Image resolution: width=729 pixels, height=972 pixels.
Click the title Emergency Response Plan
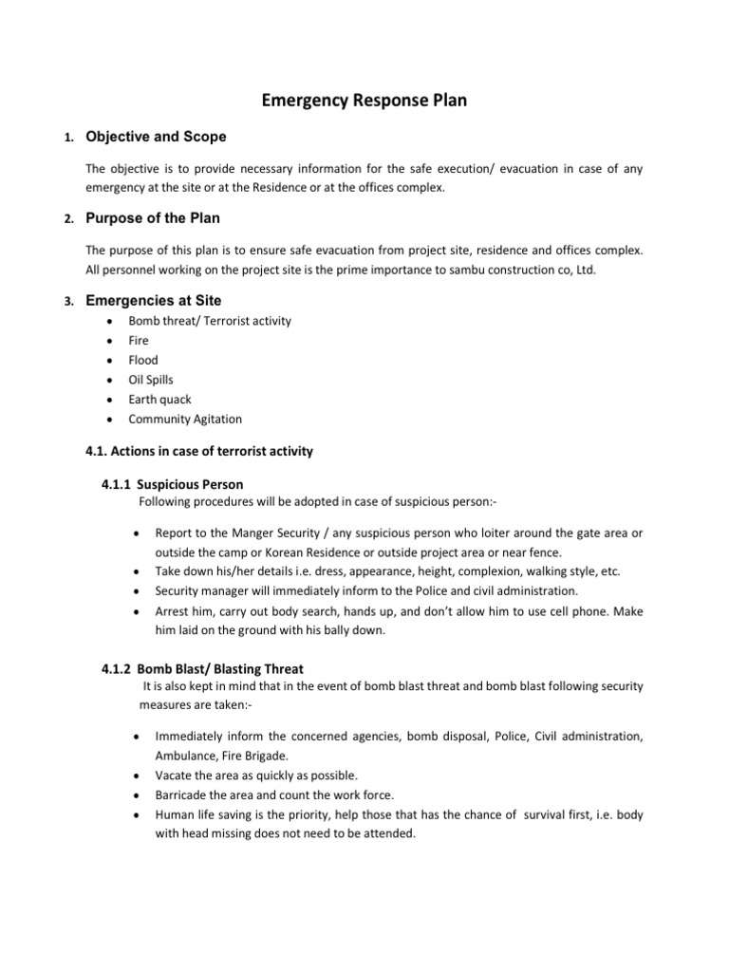click(x=364, y=100)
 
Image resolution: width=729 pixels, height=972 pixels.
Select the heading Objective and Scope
click(x=156, y=137)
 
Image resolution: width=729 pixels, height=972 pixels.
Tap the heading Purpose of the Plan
click(x=153, y=218)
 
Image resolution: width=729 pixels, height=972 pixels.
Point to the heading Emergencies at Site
click(x=154, y=300)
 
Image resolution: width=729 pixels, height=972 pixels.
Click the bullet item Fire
click(x=139, y=340)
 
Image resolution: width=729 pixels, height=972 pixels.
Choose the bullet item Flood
click(x=143, y=360)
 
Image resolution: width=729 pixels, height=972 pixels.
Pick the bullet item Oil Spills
click(x=151, y=380)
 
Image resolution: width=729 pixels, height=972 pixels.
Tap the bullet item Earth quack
click(x=159, y=400)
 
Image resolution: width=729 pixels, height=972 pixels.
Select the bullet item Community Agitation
click(x=185, y=419)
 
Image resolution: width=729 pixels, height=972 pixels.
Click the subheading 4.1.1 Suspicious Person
click(x=172, y=484)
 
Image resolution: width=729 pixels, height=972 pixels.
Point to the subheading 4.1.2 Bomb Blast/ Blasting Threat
click(x=202, y=669)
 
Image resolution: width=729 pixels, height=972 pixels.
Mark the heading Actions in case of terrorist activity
click(x=199, y=452)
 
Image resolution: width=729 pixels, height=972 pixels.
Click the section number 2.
click(x=68, y=219)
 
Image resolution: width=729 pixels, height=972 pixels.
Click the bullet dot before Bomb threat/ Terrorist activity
click(x=111, y=321)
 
